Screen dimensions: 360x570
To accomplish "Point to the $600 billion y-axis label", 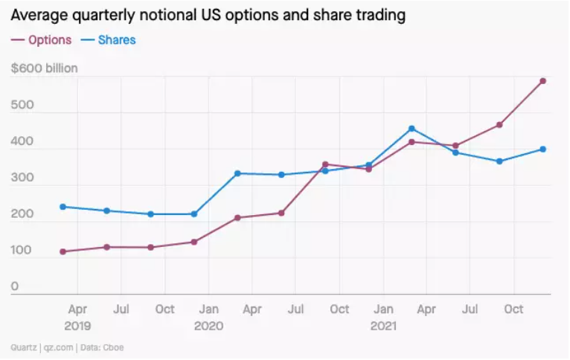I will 45,68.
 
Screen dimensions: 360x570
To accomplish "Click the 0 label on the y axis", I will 14,286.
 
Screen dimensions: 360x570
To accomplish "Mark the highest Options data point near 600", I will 543,81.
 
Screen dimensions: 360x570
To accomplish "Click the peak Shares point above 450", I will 412,129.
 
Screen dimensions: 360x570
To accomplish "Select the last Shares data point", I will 543,150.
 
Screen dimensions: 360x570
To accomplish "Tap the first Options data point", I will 63,251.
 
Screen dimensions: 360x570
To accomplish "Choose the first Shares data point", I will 63,207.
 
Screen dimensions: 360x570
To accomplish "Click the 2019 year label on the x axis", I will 77,326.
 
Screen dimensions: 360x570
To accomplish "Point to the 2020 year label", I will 208,326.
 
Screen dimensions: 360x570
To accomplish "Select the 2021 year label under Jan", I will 382,326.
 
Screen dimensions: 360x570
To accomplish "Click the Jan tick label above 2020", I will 208,309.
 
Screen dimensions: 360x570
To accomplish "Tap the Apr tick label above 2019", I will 77,309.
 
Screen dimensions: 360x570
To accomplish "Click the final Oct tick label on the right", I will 513,309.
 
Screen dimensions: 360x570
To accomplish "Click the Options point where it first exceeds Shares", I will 325,164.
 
